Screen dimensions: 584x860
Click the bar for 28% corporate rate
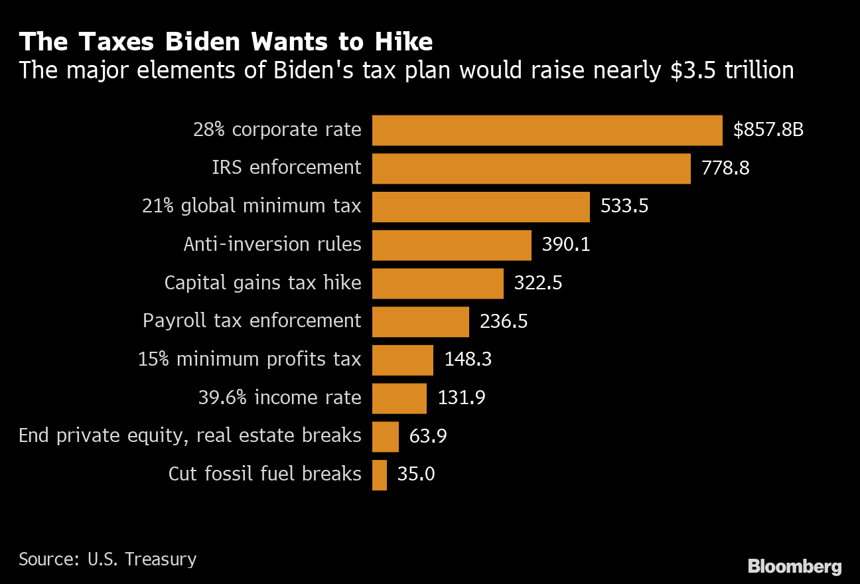point(547,130)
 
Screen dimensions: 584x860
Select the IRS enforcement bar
point(531,169)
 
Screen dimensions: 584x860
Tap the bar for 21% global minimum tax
point(480,207)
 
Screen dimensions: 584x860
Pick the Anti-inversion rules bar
point(451,246)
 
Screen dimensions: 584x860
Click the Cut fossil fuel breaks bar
point(380,475)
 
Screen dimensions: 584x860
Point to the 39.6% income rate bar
point(399,398)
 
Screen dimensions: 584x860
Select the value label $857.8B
point(768,130)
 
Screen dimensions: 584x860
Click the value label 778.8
point(725,169)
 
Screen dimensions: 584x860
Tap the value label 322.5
point(538,283)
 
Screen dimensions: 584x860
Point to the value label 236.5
point(504,322)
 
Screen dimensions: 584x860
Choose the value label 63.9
point(428,437)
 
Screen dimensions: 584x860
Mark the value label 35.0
point(416,475)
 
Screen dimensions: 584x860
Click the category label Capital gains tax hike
point(263,283)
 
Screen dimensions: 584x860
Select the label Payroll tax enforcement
point(252,322)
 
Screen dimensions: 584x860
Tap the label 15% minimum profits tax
point(250,360)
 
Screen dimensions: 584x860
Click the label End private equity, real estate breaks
point(190,436)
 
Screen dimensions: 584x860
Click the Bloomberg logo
point(794,567)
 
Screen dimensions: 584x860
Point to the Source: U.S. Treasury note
point(107,559)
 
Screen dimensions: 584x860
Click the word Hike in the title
point(402,42)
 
